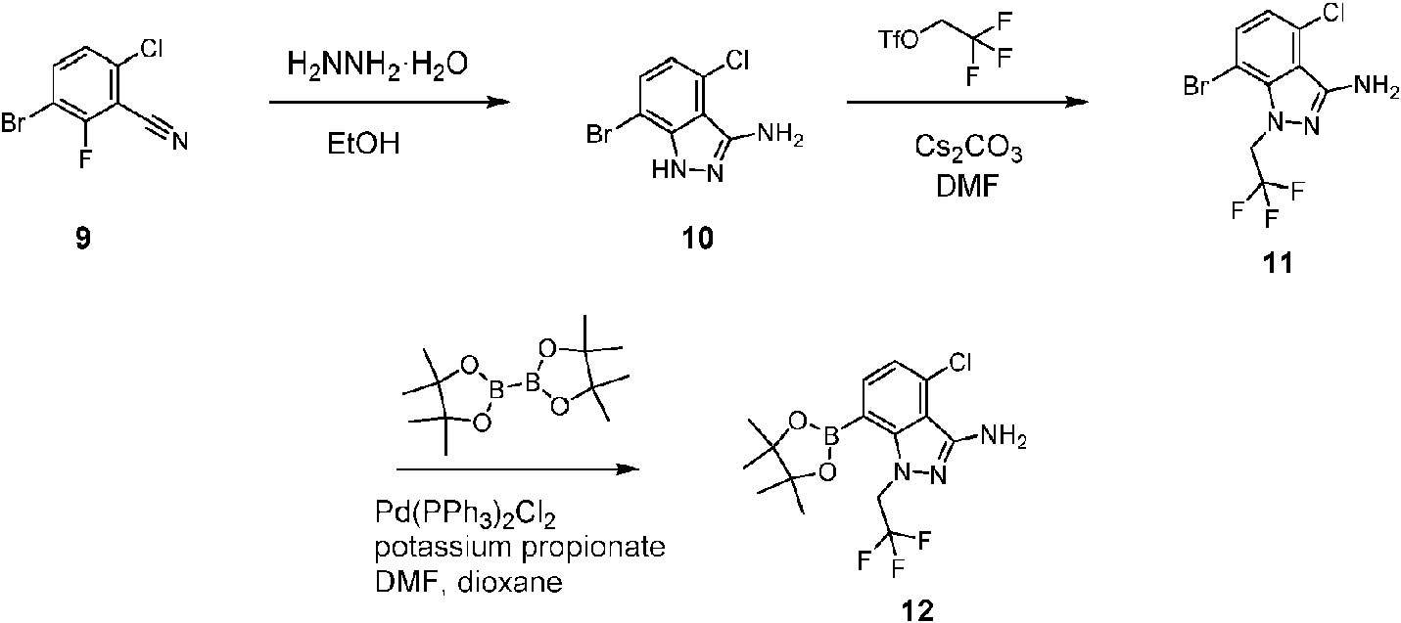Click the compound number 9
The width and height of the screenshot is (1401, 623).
(x=82, y=239)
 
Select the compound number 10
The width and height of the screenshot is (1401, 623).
(x=698, y=239)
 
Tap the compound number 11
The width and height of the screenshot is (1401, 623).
(x=1278, y=263)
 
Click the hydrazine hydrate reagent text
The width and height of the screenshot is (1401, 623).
(x=377, y=65)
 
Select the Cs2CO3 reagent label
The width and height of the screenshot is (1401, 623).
(x=968, y=148)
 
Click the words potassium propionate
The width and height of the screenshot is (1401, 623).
(x=520, y=548)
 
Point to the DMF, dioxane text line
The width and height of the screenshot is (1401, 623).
(x=468, y=582)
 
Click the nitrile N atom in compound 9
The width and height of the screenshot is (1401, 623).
(x=180, y=141)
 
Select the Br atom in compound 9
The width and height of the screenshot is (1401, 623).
(x=14, y=122)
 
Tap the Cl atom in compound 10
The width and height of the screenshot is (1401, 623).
(x=737, y=61)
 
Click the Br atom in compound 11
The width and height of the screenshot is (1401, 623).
(x=1195, y=87)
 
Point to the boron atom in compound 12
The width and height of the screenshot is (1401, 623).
(x=830, y=438)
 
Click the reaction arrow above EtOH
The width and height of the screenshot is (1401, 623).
(x=391, y=102)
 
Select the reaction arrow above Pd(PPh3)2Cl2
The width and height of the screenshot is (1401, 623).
(x=519, y=469)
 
